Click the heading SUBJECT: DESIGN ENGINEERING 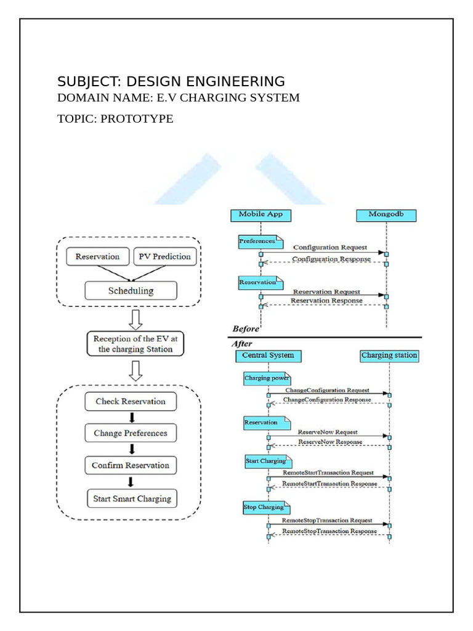click(x=171, y=81)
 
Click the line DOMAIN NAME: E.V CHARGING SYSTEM click(x=179, y=98)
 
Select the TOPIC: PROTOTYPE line click(x=115, y=119)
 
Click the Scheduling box click(x=131, y=290)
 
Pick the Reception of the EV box click(x=132, y=344)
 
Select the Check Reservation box click(x=131, y=401)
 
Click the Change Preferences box click(x=131, y=433)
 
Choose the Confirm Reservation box click(x=131, y=465)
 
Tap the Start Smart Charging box click(x=131, y=499)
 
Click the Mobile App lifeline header click(x=261, y=214)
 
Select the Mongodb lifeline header click(x=386, y=214)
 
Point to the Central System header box click(x=268, y=356)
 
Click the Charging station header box click(x=389, y=356)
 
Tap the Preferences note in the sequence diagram click(x=258, y=242)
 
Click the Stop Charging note click(x=265, y=507)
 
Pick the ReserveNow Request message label click(x=328, y=432)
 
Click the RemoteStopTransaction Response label click(x=329, y=531)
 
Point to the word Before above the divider click(x=246, y=329)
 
